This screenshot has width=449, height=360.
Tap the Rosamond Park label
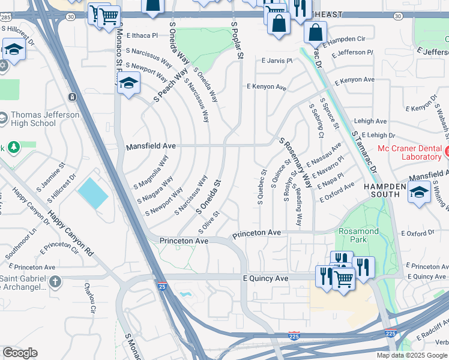358,236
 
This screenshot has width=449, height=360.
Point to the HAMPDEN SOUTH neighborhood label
382,190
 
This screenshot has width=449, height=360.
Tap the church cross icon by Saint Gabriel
55,281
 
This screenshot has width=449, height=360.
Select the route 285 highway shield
5,19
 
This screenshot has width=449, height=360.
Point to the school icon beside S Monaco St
128,83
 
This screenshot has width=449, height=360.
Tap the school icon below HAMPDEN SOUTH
419,193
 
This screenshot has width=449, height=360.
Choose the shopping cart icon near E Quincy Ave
343,278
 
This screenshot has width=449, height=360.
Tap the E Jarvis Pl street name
277,61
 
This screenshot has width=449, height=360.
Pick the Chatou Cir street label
89,299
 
